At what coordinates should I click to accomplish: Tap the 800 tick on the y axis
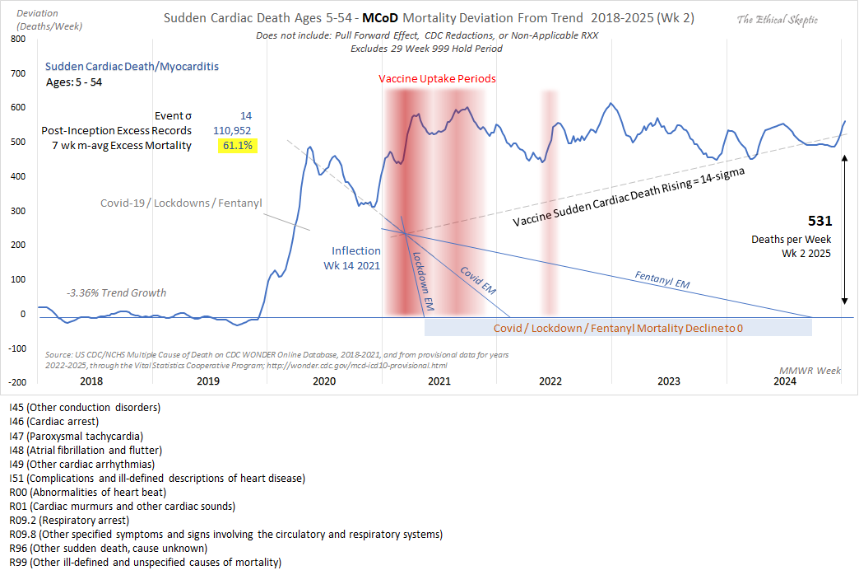point(16,39)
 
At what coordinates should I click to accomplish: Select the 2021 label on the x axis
point(439,381)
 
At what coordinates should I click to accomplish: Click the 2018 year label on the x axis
point(91,381)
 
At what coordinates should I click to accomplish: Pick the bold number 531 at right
point(820,221)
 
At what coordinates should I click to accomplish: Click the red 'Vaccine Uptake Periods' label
point(437,79)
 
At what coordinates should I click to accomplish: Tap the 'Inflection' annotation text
point(355,250)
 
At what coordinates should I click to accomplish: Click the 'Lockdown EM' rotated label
point(421,279)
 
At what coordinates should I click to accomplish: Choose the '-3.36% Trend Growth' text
point(116,292)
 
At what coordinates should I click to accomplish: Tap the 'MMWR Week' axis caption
point(810,371)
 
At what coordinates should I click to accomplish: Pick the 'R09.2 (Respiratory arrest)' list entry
point(68,521)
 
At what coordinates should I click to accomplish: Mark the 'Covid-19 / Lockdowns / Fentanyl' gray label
point(180,203)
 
